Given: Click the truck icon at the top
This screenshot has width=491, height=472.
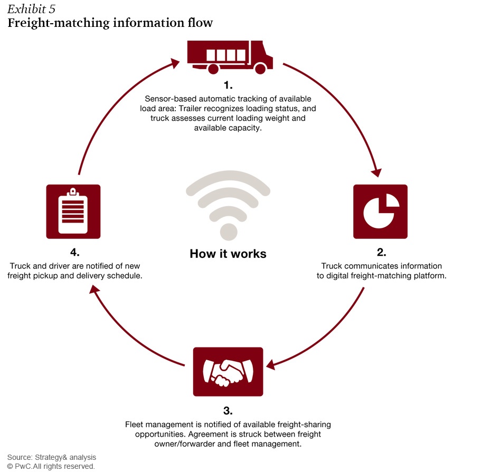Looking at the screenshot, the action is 230,57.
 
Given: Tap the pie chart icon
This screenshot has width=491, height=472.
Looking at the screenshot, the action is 381,211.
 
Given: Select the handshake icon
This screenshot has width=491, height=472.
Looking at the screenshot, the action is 228,372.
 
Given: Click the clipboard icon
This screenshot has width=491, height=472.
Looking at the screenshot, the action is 73,211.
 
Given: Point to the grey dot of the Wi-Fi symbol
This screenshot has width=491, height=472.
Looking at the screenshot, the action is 229,232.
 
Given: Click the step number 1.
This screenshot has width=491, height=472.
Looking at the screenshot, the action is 228,85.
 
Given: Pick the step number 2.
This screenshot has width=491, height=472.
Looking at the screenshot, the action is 381,252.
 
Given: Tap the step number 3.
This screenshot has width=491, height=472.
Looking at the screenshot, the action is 228,411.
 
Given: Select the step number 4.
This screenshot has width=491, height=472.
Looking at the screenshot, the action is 74,252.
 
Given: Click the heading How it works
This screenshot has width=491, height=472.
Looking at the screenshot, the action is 228,254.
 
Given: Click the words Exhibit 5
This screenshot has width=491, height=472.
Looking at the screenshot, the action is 31,9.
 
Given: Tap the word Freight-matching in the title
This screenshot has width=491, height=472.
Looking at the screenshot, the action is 59,23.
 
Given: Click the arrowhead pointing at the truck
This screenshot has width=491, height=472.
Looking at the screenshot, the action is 174,63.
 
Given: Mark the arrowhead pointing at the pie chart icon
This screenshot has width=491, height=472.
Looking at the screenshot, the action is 376,172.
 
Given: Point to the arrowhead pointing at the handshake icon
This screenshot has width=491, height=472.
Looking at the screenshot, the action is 270,365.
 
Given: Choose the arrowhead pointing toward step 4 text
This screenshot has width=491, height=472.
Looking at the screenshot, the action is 95,290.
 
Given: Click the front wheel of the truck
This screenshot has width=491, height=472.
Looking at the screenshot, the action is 260,69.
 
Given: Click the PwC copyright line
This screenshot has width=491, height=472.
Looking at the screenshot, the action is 51,466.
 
